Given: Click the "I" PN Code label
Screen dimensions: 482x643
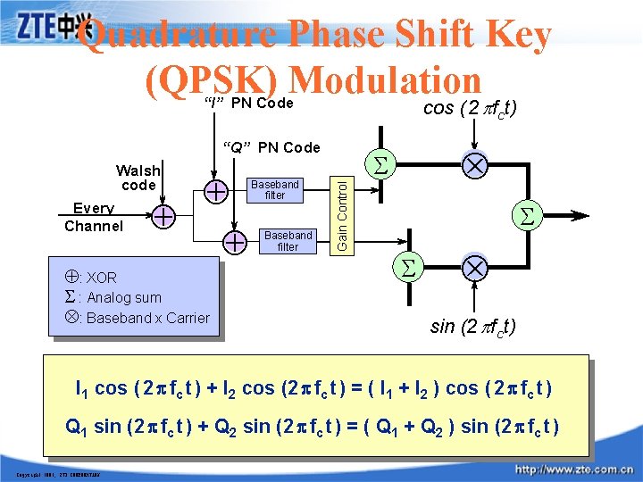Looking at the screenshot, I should coord(249,104).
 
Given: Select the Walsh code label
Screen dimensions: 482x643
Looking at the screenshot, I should coord(138,178).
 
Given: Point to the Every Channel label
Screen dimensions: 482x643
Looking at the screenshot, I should coord(93,217).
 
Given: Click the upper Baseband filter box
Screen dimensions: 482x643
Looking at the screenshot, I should coord(275,189).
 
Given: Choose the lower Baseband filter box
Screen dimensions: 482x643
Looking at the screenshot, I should coord(288,241).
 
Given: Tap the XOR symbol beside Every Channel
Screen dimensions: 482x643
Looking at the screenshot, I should coord(163,215).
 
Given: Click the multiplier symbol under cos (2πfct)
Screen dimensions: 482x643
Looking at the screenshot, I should coord(474,168).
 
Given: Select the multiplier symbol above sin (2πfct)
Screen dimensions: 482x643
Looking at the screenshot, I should coord(474,268).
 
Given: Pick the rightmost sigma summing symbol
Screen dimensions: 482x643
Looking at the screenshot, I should coord(527,214).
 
